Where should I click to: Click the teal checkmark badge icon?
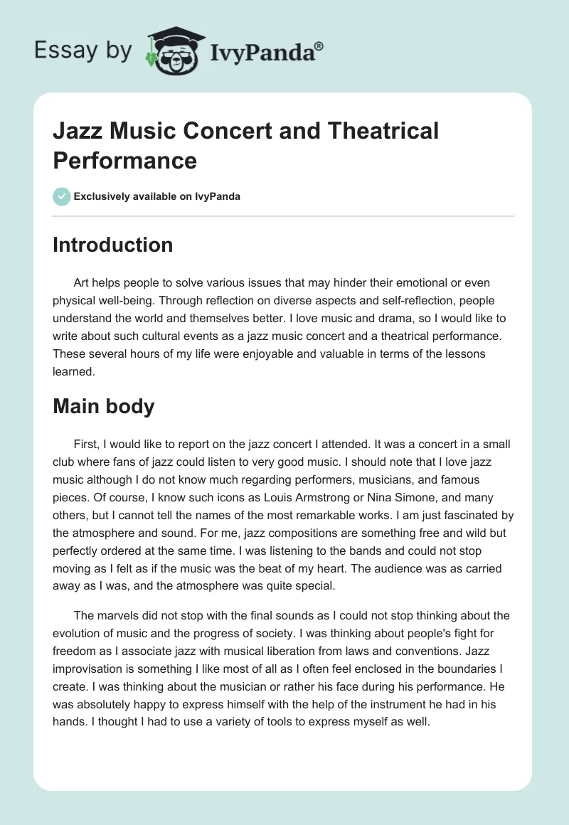click(x=62, y=196)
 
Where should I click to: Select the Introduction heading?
click(x=113, y=245)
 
